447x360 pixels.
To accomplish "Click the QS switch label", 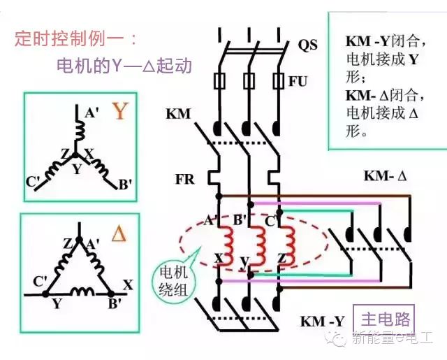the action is [307, 45].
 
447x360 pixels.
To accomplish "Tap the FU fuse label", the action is [298, 82].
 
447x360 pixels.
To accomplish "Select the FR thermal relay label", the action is [184, 180].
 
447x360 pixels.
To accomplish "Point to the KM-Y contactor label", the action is [322, 322].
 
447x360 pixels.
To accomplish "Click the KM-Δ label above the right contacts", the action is [385, 175].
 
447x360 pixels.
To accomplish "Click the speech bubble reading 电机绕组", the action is [173, 281].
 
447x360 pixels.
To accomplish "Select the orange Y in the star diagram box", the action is [119, 110].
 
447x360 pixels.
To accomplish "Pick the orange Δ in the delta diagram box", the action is [119, 234].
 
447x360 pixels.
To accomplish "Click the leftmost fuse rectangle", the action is [219, 81].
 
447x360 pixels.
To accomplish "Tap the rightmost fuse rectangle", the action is [278, 81].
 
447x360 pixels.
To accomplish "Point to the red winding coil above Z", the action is [287, 245].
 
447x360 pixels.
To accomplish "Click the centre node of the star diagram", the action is [75, 155].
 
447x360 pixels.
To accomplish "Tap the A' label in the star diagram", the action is [91, 113].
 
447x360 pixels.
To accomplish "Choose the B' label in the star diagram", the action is [126, 185].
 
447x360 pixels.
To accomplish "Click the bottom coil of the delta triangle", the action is [82, 291].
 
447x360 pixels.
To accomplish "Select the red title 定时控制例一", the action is [75, 38].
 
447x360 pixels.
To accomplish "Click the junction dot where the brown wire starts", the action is [219, 196].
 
